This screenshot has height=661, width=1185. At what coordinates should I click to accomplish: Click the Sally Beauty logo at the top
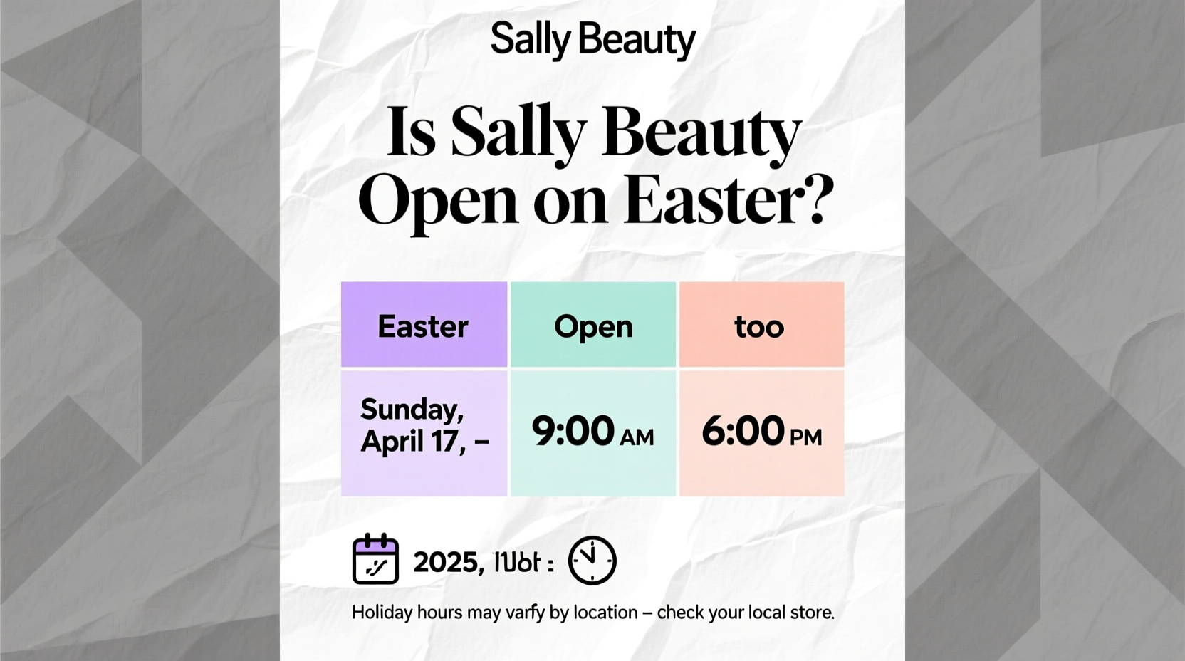click(x=592, y=40)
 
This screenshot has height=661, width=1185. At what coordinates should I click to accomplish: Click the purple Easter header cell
click(x=424, y=326)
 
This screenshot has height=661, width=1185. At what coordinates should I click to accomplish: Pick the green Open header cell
click(x=593, y=326)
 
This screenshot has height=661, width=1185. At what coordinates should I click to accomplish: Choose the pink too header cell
click(x=761, y=326)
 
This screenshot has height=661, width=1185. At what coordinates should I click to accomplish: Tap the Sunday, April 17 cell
click(x=424, y=426)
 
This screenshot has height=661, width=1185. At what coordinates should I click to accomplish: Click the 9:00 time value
click(x=573, y=432)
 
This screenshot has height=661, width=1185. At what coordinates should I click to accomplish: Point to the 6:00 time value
click(x=743, y=432)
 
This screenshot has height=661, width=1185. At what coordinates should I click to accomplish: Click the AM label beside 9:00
click(x=637, y=437)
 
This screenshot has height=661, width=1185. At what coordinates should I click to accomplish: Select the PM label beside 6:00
click(x=806, y=437)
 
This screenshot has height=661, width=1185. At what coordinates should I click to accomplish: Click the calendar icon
click(x=375, y=559)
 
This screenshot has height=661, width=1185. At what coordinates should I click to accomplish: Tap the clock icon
click(x=592, y=561)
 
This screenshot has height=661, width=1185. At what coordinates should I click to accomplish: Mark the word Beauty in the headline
click(x=702, y=133)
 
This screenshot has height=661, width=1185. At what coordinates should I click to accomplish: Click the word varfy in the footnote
click(x=525, y=613)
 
